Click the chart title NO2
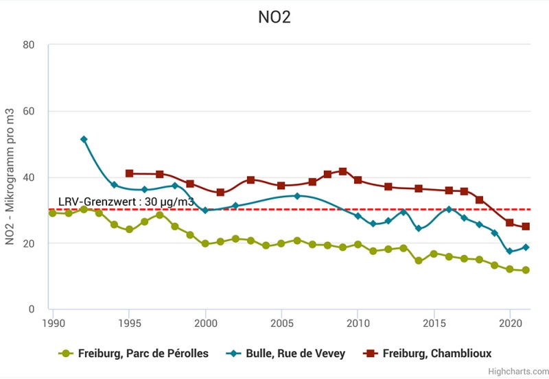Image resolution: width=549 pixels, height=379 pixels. (x=274, y=17)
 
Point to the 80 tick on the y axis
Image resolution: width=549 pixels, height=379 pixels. (x=29, y=45)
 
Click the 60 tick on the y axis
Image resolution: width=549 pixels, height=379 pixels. (x=29, y=111)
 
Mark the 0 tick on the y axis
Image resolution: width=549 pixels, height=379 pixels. (x=32, y=309)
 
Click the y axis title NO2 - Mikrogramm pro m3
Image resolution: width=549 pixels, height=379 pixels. (x=11, y=177)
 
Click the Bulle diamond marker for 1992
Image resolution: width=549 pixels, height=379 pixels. (x=84, y=139)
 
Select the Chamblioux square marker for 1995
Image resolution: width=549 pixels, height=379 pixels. (x=129, y=173)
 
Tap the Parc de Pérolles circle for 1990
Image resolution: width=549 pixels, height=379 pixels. (x=53, y=213)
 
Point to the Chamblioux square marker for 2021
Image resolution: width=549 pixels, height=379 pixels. (x=526, y=226)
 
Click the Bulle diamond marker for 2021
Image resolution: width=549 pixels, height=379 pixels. (x=526, y=247)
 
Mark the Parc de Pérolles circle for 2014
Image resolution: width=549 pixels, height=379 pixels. (x=419, y=260)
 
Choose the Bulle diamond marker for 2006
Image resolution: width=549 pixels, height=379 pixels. (x=297, y=196)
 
